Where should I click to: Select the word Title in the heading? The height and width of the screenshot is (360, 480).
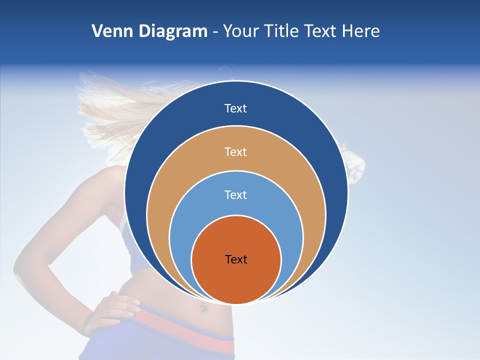[x=281, y=31]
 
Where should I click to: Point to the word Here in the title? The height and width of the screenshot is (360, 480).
[x=360, y=31]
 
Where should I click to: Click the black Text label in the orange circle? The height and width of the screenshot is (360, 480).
[x=236, y=259]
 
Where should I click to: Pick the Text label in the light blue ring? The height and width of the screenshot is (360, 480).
[x=236, y=195]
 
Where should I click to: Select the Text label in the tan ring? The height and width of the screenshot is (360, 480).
[x=236, y=151]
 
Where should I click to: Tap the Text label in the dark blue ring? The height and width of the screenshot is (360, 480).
[x=236, y=108]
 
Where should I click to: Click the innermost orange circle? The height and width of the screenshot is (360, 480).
[x=236, y=280]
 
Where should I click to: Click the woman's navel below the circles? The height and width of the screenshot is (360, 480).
[x=203, y=308]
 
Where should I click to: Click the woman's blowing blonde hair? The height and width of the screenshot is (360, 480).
[x=110, y=110]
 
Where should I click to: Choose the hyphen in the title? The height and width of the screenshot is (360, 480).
[x=215, y=32]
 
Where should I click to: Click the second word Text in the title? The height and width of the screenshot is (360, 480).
[x=321, y=31]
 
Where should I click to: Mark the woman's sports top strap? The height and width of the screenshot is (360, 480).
[x=122, y=220]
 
